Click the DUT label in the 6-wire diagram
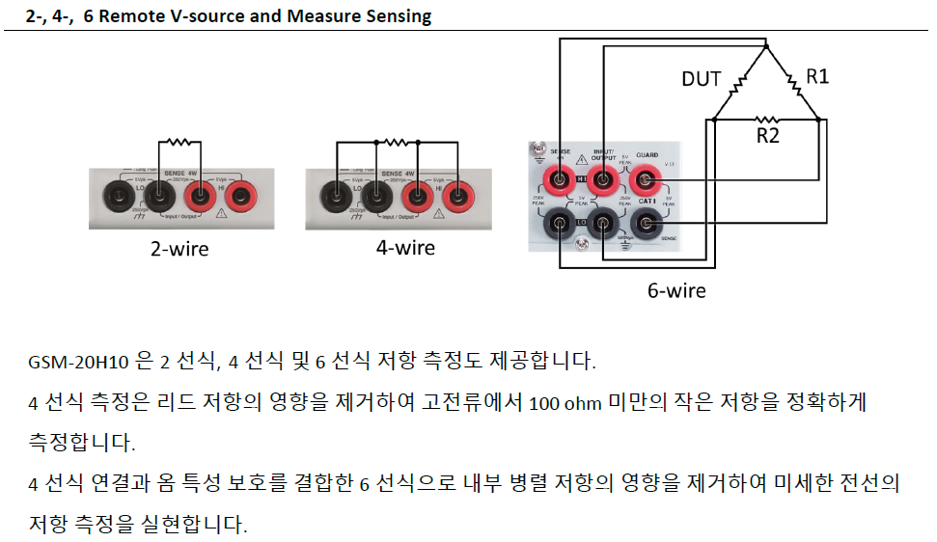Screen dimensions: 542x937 click(702, 79)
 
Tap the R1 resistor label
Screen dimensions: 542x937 click(817, 76)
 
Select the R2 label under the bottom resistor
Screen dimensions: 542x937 click(768, 136)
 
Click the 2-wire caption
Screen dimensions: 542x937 click(179, 249)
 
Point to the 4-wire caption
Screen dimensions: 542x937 click(405, 248)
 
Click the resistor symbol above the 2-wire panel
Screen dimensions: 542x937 click(179, 142)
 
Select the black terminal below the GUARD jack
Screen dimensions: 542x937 click(646, 225)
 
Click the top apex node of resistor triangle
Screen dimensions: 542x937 click(765, 45)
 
